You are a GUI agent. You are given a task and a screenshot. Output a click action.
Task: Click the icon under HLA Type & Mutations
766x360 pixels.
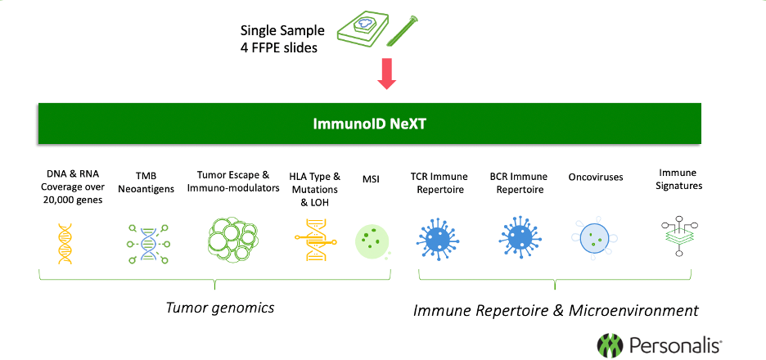[314, 240]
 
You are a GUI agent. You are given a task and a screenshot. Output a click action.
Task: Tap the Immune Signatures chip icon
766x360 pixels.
[680, 237]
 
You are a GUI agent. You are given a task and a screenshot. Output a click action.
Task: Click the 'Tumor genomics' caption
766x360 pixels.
[219, 308]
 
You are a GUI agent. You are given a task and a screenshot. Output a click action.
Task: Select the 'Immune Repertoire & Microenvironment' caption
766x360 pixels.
[556, 310]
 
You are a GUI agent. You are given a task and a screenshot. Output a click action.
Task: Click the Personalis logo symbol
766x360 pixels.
[611, 344]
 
